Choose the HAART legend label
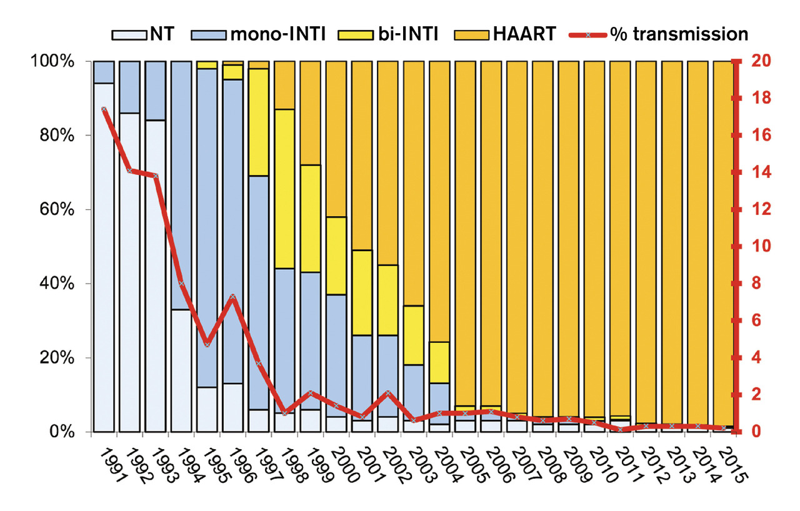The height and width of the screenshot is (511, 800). [524, 33]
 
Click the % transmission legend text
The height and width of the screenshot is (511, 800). [679, 33]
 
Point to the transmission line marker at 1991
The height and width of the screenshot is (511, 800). [104, 109]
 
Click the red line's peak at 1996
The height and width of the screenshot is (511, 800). [232, 297]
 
